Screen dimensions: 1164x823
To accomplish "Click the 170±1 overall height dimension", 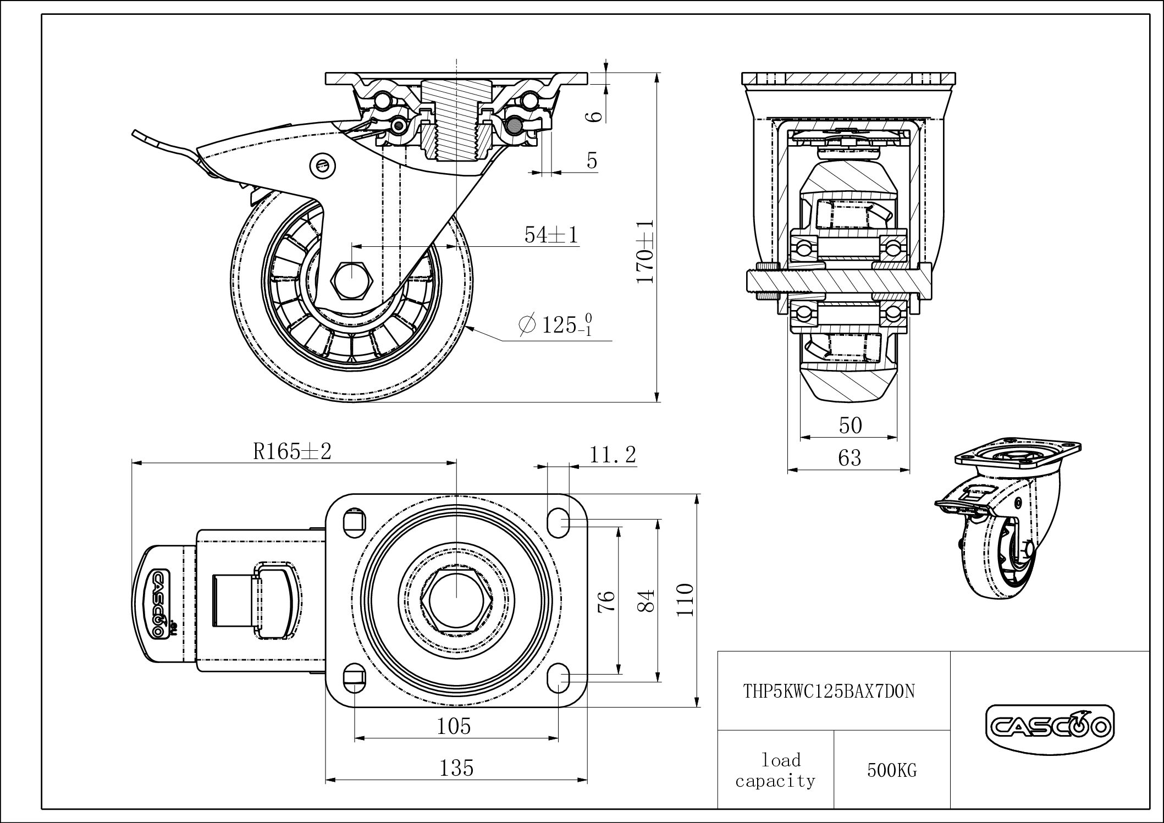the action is [x=645, y=252].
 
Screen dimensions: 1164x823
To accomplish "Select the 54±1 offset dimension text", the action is [x=551, y=235].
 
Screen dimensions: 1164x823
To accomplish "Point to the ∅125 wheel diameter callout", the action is [x=555, y=325].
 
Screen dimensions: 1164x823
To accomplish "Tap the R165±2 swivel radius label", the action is [x=292, y=452].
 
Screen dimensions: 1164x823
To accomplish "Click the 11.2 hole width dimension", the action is [x=613, y=455].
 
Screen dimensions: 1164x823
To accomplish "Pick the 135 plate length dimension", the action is [x=456, y=768].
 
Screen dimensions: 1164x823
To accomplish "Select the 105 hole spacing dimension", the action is [x=454, y=727].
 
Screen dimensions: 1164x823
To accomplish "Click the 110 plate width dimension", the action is [x=686, y=600].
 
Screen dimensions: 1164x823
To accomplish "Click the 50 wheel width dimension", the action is [x=850, y=426].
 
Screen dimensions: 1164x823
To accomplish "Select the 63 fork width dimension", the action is [x=849, y=457].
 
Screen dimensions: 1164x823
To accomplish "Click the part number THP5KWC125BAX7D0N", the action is [x=830, y=691].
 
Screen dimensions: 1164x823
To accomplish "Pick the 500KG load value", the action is [x=892, y=770].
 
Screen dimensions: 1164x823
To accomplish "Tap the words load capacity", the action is [x=775, y=770].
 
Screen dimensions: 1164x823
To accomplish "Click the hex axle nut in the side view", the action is [x=352, y=280].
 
